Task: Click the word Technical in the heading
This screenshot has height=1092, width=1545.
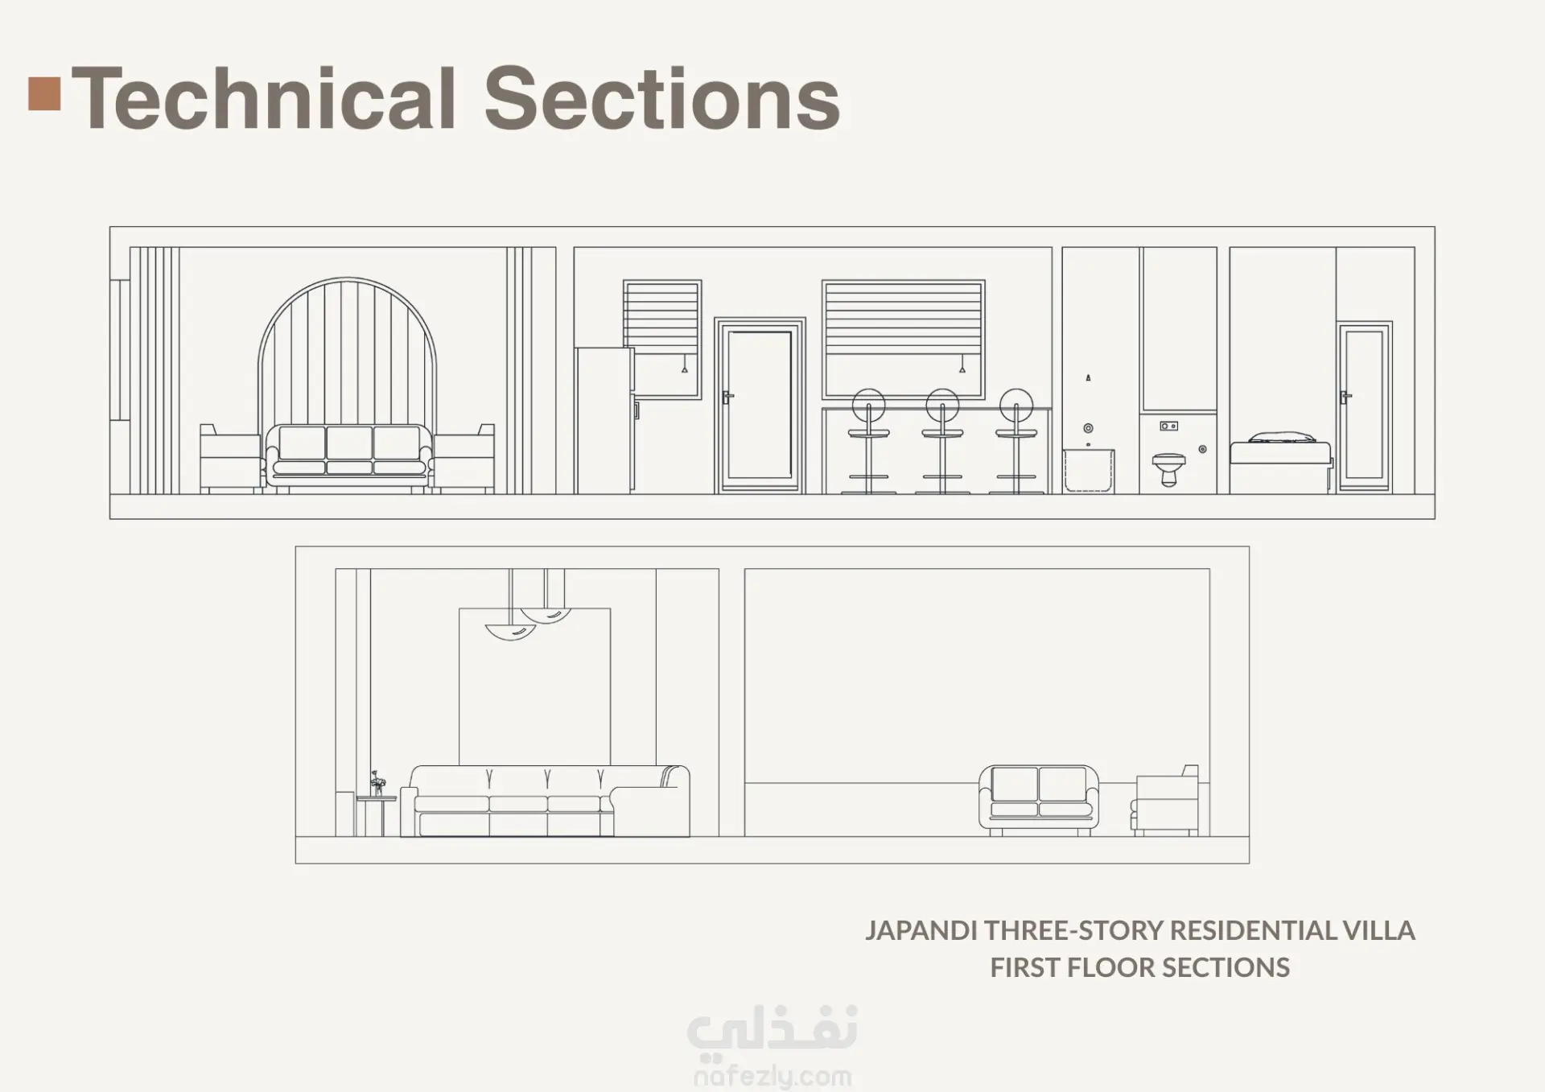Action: (x=266, y=97)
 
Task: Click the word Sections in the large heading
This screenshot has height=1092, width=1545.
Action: (x=662, y=97)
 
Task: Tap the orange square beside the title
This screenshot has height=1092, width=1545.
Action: (x=44, y=93)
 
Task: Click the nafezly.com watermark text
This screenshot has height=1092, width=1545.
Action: (x=772, y=1076)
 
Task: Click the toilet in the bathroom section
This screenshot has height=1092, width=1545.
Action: (x=1168, y=468)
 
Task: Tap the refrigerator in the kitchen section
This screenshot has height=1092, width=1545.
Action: (x=605, y=420)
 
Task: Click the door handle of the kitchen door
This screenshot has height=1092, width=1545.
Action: (x=727, y=396)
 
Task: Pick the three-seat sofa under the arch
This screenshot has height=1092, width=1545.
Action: (x=348, y=456)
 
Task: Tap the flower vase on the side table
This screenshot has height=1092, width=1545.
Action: (x=377, y=782)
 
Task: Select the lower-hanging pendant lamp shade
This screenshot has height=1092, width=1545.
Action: (x=510, y=633)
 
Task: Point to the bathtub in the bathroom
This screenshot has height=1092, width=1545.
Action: (x=1089, y=471)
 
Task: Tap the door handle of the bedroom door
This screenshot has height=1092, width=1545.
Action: (x=1345, y=396)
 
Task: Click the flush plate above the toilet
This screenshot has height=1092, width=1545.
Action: (x=1169, y=426)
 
